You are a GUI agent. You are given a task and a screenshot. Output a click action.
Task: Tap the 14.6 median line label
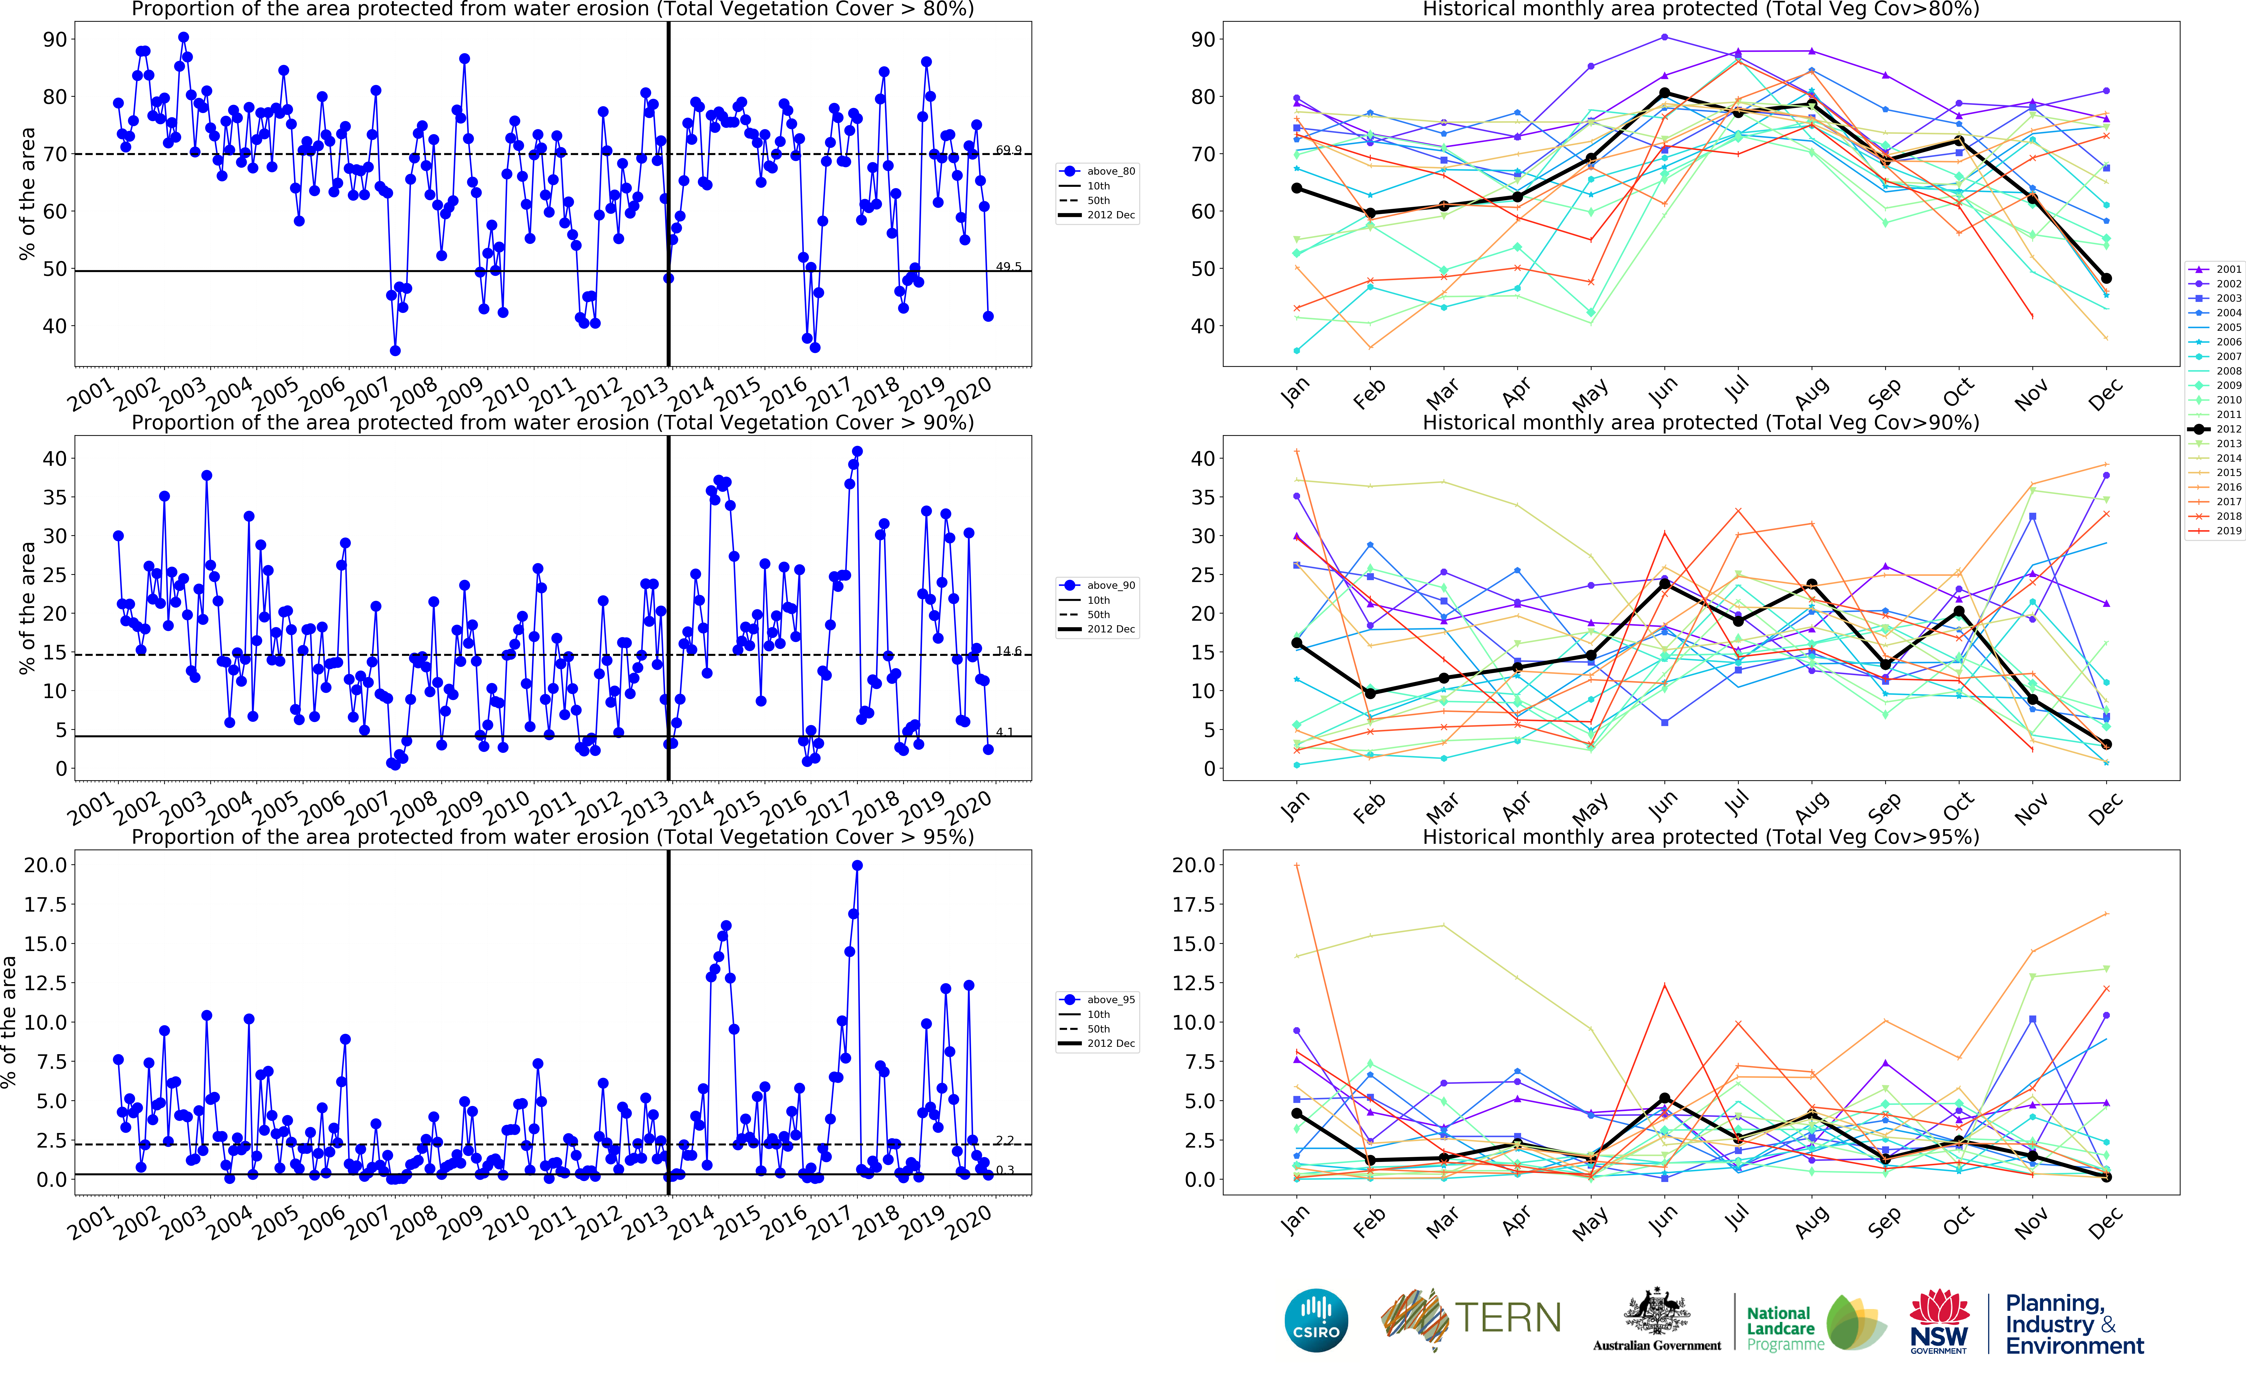coord(1008,651)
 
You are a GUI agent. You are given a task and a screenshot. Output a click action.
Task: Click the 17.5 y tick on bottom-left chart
coord(46,905)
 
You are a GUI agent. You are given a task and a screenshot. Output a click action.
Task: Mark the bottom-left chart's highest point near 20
coord(857,866)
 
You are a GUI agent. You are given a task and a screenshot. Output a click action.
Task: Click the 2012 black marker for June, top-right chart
coord(1665,93)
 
